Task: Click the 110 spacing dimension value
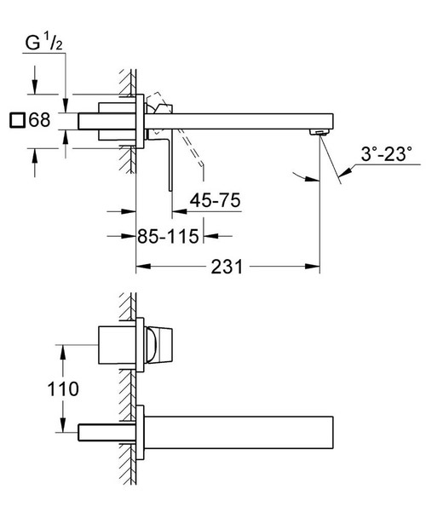[x=64, y=388]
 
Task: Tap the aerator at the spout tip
[x=318, y=132]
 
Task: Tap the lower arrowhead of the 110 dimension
[x=61, y=429]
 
